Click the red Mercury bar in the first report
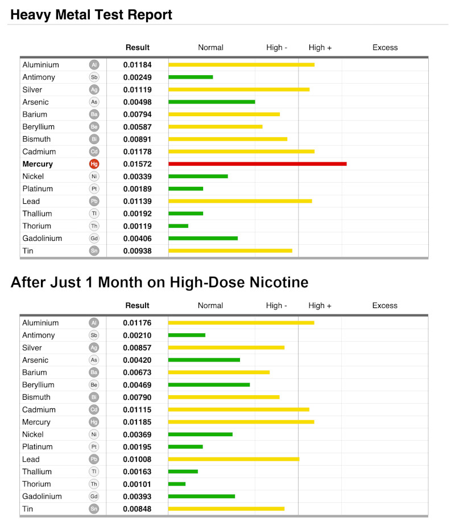tap(257, 164)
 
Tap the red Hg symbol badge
tap(94, 164)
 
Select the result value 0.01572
tap(138, 164)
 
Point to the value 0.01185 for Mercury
tap(138, 422)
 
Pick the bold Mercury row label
tap(38, 164)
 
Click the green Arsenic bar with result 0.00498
tap(212, 102)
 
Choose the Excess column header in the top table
tap(385, 48)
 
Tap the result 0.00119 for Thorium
tap(138, 226)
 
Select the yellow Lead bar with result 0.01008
tap(234, 459)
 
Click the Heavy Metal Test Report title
tap(91, 15)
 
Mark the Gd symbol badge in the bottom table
tap(94, 496)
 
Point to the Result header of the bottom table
tap(138, 306)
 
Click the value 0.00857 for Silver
tap(138, 347)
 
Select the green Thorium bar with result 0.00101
tap(177, 484)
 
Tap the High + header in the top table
tap(320, 48)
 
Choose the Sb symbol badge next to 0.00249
tap(94, 77)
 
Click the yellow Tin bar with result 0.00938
tap(230, 251)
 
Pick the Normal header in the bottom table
tap(210, 306)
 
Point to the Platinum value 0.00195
tap(138, 446)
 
